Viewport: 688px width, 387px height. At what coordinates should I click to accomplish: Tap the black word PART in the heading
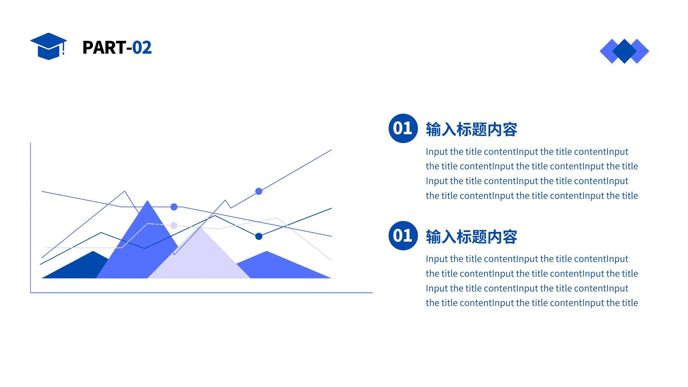(104, 48)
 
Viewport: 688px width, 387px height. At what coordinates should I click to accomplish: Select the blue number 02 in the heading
(142, 48)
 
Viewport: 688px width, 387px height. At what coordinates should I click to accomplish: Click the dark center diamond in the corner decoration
(624, 51)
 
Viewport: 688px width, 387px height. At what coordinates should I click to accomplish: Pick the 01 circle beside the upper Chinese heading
(403, 128)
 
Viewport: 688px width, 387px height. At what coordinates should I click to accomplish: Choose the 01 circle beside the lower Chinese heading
(403, 236)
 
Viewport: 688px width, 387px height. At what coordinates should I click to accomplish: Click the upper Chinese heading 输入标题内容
(471, 129)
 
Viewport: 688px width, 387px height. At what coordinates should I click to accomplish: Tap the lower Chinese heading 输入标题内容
(471, 237)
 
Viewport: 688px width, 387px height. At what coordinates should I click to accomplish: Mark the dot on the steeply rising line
(259, 191)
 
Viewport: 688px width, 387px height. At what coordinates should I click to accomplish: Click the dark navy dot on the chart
(259, 236)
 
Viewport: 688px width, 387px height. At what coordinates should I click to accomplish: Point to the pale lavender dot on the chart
(174, 225)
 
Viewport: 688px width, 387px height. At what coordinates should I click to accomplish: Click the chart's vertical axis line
(31, 218)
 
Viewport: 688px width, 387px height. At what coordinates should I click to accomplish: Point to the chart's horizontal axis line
(202, 293)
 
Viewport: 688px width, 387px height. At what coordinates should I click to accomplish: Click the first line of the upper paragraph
(527, 152)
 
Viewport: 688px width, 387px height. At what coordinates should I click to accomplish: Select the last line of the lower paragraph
(531, 303)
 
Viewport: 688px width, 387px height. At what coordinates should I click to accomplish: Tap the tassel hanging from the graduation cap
(64, 49)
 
